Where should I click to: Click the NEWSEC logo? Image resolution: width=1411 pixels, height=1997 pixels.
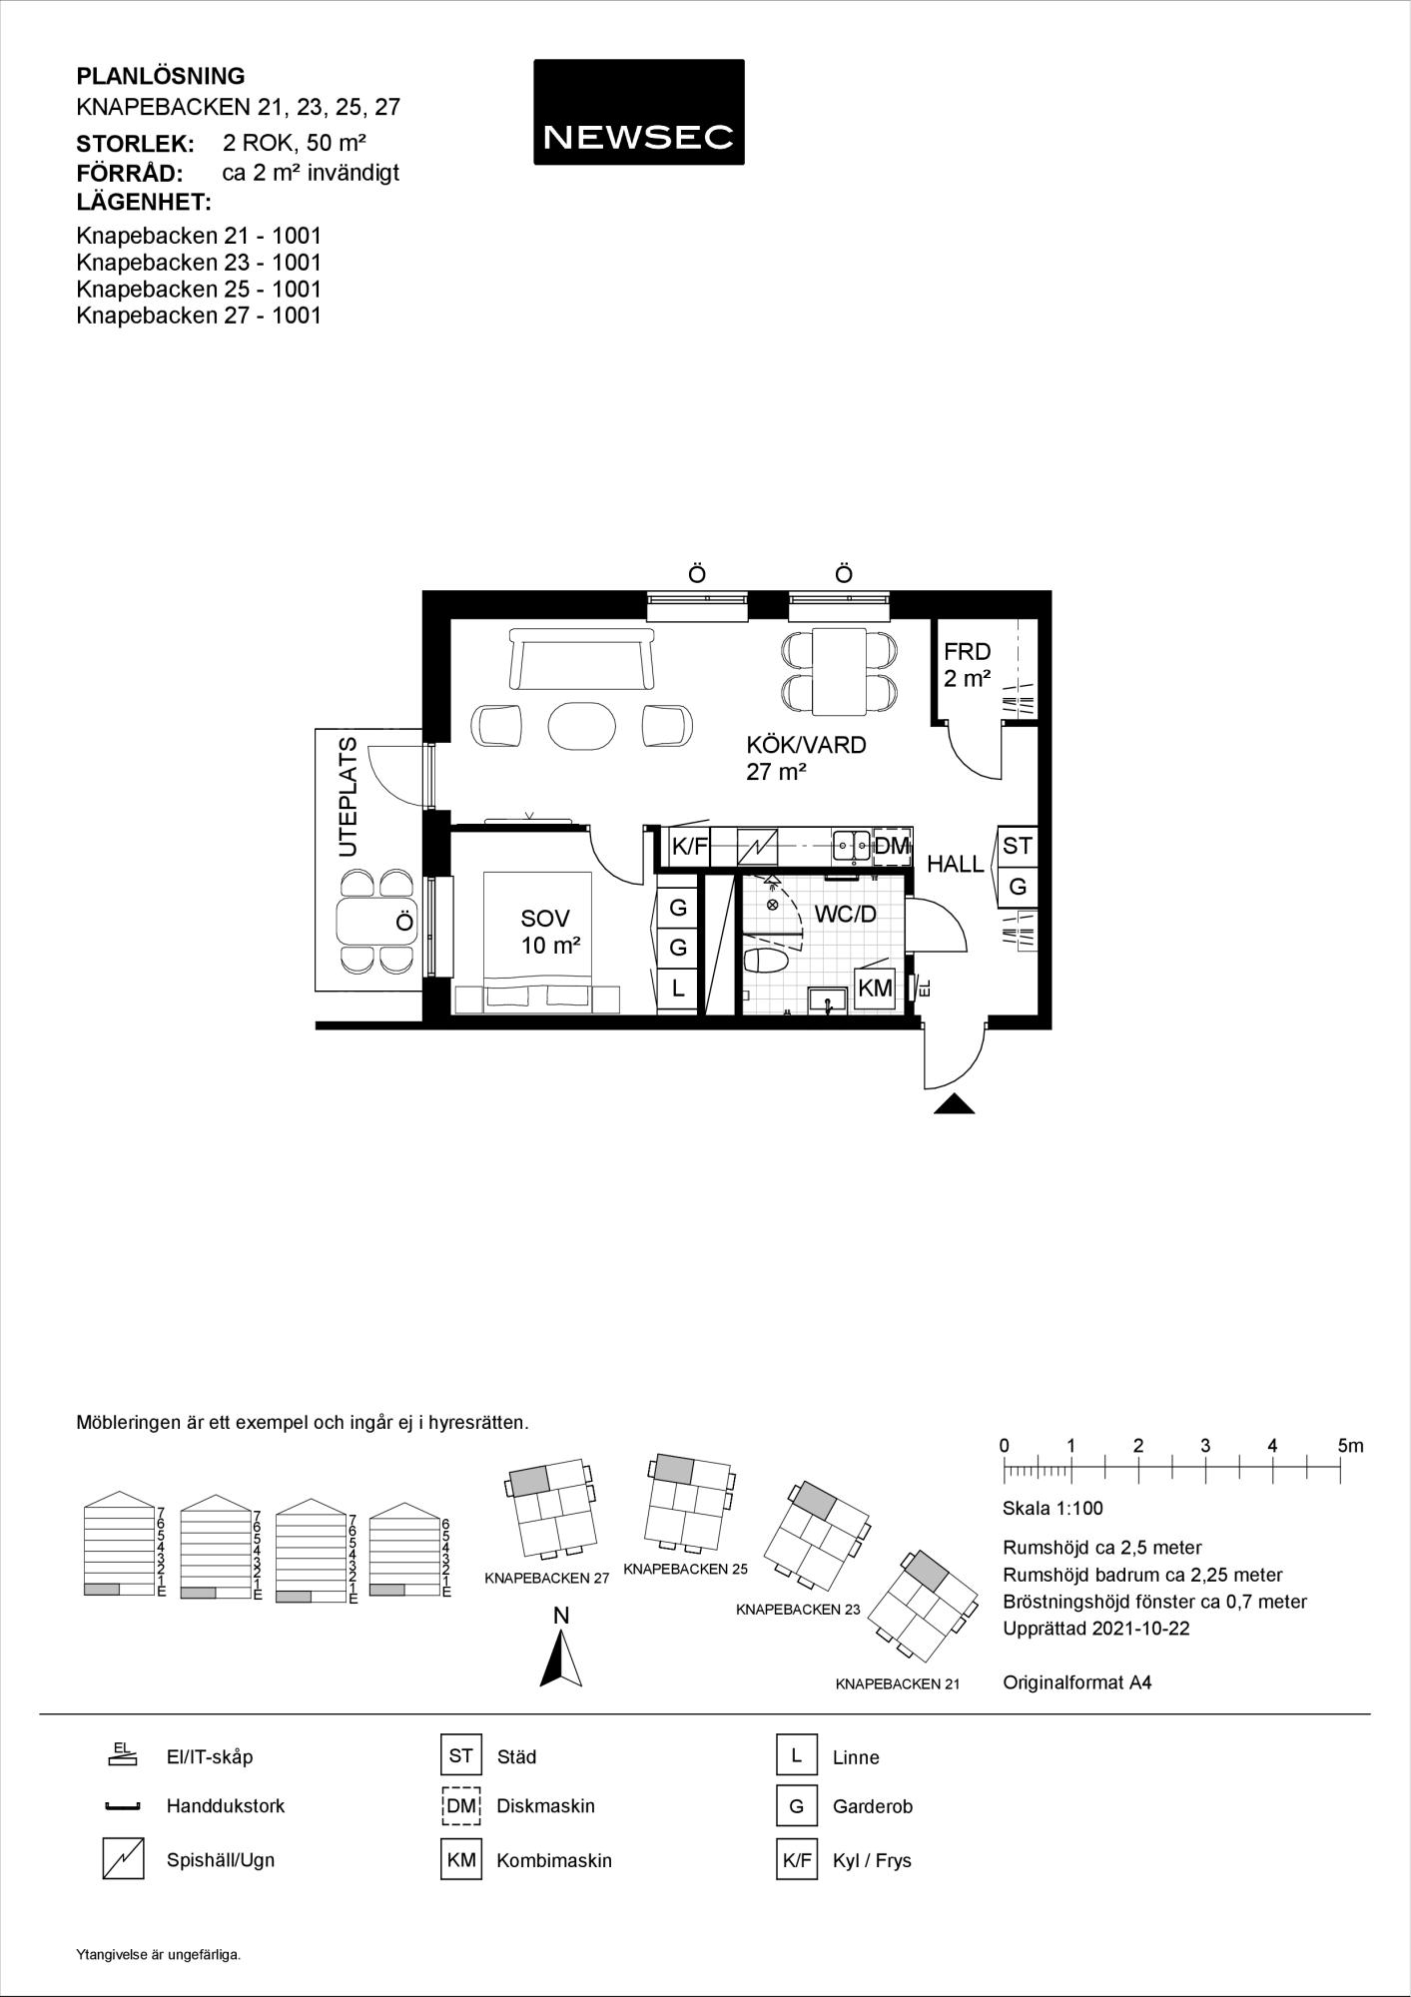[x=638, y=112]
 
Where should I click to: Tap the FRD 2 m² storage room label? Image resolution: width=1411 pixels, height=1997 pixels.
[x=967, y=665]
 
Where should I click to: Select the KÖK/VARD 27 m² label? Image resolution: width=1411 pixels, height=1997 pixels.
[x=806, y=758]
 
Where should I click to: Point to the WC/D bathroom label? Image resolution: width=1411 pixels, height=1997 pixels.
[x=845, y=914]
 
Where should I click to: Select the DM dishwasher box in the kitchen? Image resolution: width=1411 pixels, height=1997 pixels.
[x=892, y=846]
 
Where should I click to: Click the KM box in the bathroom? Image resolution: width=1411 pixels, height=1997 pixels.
[x=875, y=988]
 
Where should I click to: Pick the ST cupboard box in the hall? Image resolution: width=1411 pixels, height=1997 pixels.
[x=1017, y=846]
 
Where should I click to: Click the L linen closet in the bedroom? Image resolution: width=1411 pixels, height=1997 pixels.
[x=678, y=989]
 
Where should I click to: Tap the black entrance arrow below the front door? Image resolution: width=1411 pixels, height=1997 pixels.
[x=955, y=1103]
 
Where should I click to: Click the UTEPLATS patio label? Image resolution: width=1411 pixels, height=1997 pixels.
[x=348, y=797]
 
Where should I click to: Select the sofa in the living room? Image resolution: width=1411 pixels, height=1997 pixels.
[x=580, y=659]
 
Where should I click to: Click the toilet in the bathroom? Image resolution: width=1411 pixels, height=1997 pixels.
[x=767, y=962]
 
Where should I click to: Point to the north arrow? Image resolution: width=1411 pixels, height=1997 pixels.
[x=561, y=1659]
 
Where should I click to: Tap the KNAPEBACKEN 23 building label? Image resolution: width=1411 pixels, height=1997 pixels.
[x=798, y=1610]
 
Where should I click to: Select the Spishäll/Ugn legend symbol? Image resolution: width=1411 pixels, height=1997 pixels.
[x=124, y=1859]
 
